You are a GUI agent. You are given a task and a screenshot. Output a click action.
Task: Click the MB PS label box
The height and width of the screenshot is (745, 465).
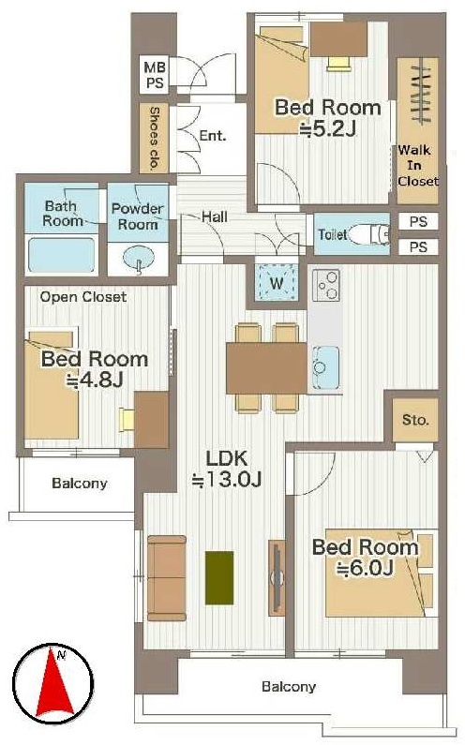pos(155,75)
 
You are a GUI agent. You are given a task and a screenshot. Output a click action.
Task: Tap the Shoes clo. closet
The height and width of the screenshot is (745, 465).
pos(154,138)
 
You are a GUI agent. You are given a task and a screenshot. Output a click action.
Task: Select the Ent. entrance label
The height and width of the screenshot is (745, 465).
pos(213,136)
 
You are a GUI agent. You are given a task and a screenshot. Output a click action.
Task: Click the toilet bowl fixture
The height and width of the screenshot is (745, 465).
pos(371,233)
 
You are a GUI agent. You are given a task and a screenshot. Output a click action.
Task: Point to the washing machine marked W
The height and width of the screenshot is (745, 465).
pos(277,283)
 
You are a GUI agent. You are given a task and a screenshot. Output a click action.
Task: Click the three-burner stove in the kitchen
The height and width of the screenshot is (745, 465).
pos(326,285)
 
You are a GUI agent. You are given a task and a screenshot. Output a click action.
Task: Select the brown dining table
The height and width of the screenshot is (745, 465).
pos(267,367)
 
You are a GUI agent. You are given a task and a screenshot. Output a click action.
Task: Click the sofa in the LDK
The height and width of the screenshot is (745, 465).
pos(167,578)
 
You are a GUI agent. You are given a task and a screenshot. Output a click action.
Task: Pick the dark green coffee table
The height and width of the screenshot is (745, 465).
pos(219,577)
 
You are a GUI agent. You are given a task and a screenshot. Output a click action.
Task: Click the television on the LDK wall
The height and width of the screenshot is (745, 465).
pos(277,578)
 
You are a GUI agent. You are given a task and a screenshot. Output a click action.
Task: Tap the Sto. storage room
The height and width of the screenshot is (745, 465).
pos(415,420)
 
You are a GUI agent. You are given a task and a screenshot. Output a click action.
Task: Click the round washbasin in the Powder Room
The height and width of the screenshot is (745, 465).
pos(139,258)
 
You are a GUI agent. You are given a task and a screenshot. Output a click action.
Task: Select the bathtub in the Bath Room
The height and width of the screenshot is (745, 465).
pos(61,255)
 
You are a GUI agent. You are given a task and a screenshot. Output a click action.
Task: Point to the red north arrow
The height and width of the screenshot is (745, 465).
pos(54,681)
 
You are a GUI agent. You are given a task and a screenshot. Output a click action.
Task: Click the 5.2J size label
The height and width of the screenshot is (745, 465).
pos(328,128)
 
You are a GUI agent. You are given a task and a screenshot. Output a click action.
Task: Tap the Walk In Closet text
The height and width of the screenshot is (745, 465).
pos(418,165)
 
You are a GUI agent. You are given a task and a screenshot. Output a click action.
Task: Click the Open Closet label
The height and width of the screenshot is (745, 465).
pos(83,297)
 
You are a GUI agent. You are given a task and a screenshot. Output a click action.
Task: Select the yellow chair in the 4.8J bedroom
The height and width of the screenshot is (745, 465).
pos(127,420)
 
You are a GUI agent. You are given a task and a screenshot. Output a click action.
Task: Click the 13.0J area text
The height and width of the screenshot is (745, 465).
pos(227,480)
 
